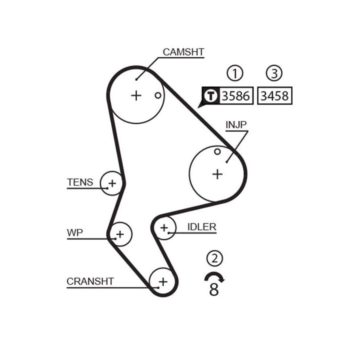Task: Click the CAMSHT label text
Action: coord(183,52)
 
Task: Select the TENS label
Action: coord(80,182)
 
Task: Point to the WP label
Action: coord(75,232)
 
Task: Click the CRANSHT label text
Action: coord(90,281)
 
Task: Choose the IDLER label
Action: coord(201,227)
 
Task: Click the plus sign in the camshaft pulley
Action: coord(136,95)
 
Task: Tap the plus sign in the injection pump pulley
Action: coord(217,173)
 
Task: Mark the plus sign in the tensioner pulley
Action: coord(112,183)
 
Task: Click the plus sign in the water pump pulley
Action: coord(120,233)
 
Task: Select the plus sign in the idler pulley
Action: coord(164,228)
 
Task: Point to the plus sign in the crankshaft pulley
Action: coord(162,281)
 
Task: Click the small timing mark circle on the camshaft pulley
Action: coord(157,95)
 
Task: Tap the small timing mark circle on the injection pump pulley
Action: coord(217,151)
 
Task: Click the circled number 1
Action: coord(234,73)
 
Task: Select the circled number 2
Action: coord(214,258)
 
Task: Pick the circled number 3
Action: coord(274,73)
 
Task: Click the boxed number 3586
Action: coord(236,95)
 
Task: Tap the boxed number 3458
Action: coord(274,95)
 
